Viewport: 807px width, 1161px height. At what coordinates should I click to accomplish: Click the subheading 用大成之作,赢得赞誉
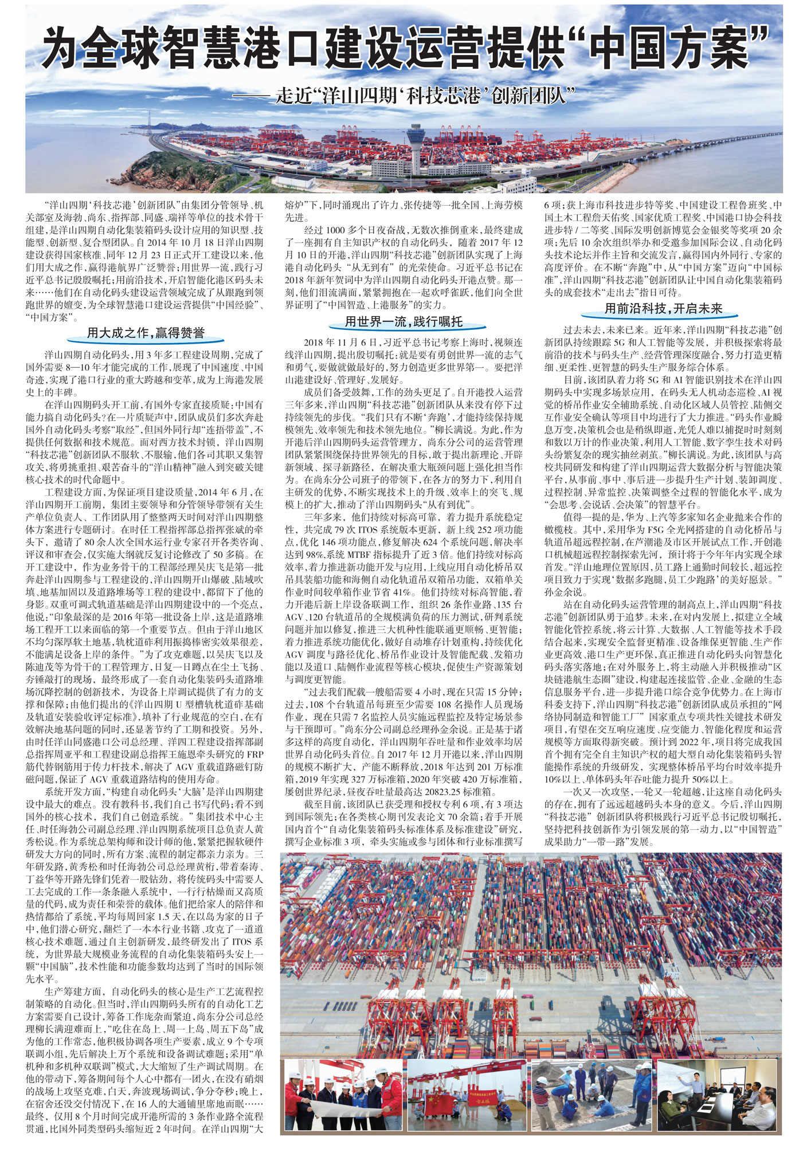145,333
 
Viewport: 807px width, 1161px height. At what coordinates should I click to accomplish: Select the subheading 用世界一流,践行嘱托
403,321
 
